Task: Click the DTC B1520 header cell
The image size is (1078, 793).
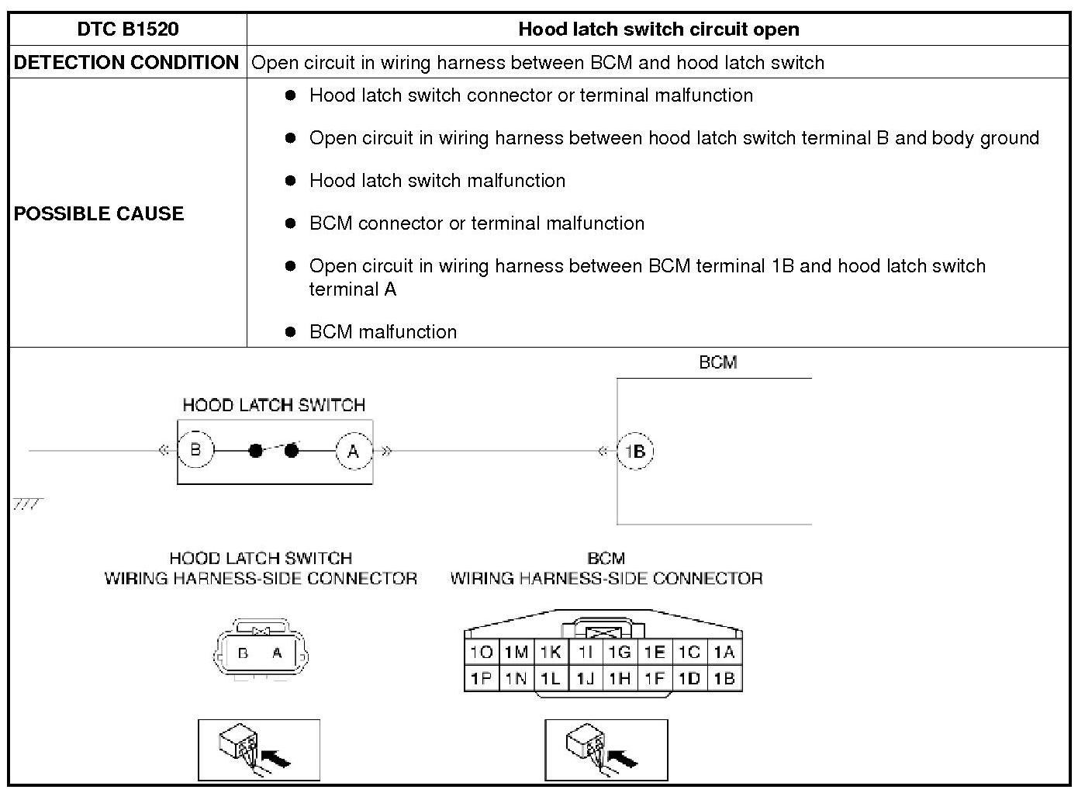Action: pos(128,29)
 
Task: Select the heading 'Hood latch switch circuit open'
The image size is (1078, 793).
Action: pos(658,29)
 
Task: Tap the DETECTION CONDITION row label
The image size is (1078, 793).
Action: pos(126,63)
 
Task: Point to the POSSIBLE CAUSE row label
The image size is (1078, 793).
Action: pos(99,213)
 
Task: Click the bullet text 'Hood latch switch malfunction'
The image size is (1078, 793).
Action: pos(437,181)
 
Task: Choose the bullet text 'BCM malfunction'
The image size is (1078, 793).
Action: pos(383,332)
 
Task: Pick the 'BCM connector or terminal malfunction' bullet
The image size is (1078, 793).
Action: pos(477,223)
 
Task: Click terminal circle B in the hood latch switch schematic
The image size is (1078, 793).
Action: pos(195,451)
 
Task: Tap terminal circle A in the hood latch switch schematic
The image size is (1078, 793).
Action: pos(354,451)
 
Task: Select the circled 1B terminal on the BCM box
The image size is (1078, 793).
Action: pos(635,452)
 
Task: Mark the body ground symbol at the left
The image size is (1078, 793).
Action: pos(28,505)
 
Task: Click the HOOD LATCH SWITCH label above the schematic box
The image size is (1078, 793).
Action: pos(274,405)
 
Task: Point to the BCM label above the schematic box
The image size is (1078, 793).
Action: pos(717,362)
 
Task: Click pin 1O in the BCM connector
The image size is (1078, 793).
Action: pos(482,653)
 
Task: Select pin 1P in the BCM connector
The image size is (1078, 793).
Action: pos(482,679)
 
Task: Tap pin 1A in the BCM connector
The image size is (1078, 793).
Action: pos(724,653)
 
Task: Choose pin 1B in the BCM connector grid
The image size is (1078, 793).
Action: pos(724,679)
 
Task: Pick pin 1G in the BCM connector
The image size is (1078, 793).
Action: pos(619,653)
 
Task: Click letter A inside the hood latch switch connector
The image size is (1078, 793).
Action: pos(277,653)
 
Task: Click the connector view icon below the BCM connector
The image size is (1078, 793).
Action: pos(606,750)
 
